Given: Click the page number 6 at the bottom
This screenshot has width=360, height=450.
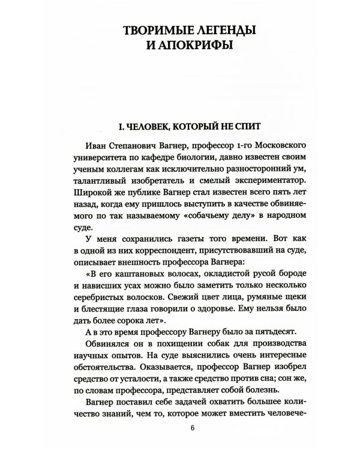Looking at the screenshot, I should [x=192, y=428].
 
